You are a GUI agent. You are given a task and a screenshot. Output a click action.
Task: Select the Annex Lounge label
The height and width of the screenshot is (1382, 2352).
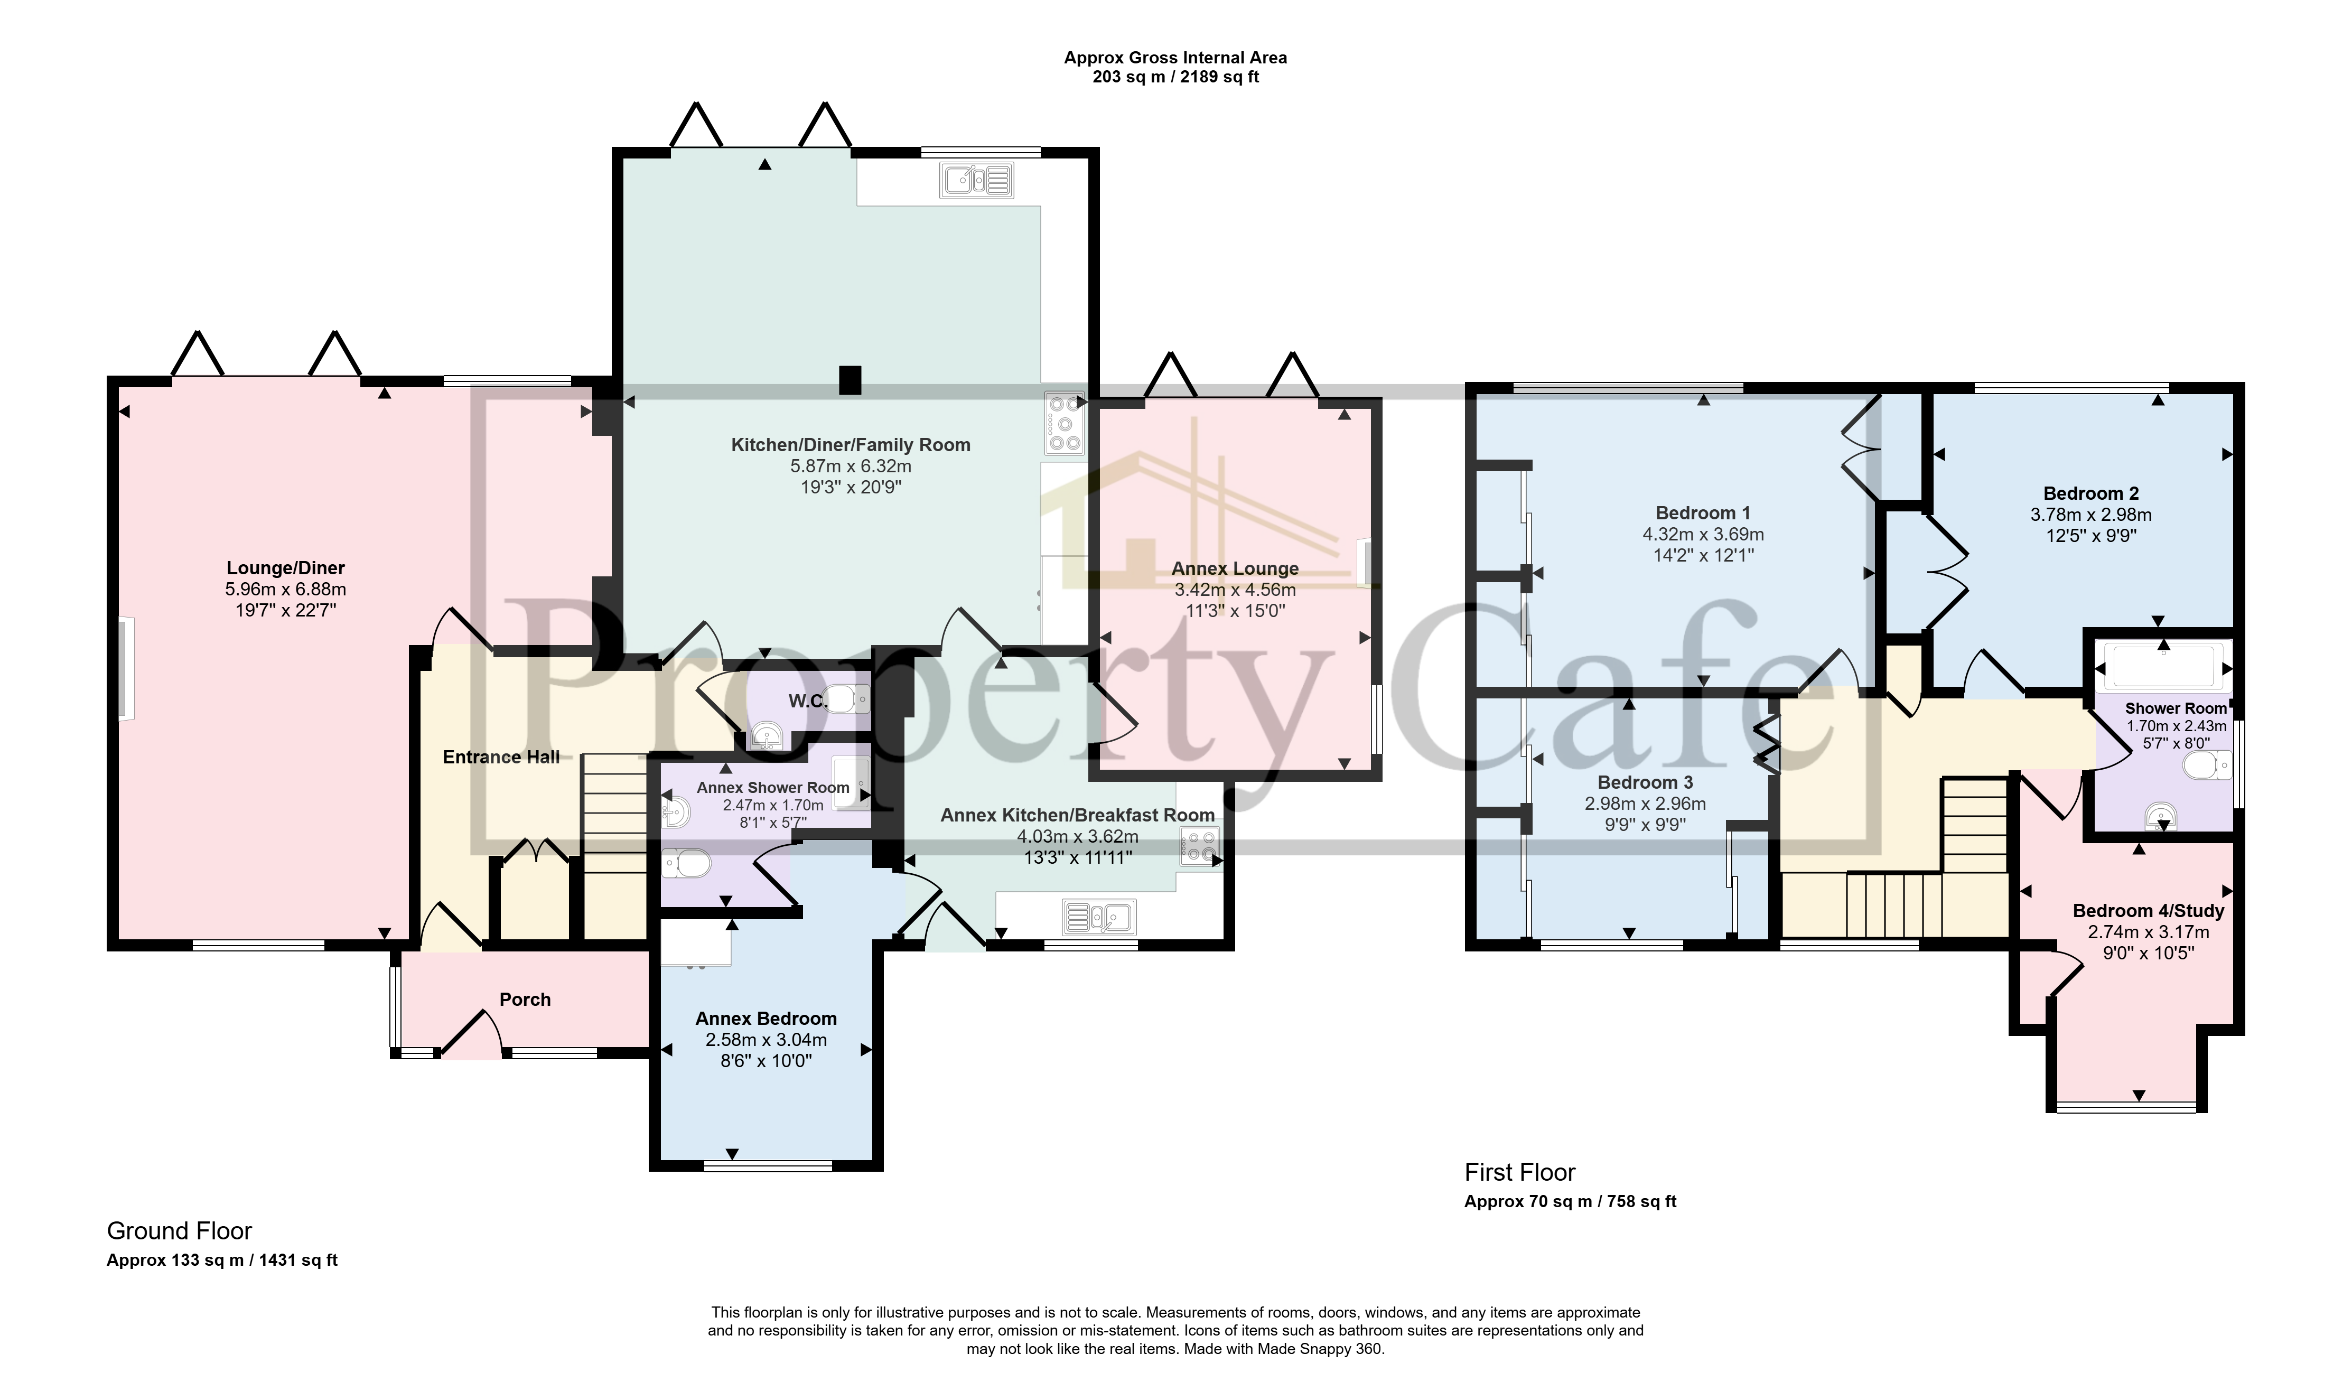coord(1235,568)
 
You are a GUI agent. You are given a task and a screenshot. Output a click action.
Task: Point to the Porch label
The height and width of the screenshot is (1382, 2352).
coord(525,1000)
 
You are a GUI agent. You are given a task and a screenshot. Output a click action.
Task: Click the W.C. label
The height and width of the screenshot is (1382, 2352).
coord(807,701)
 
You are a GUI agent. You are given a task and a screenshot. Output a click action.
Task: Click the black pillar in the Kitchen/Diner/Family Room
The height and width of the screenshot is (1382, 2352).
coord(850,380)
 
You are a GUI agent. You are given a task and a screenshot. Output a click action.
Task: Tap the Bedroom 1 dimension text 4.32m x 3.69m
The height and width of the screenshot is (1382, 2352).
coord(1702,535)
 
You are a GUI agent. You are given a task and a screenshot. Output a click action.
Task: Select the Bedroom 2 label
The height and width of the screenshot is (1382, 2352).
coord(2090,493)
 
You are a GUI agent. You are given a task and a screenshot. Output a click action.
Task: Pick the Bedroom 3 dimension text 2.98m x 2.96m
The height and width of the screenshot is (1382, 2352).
coord(1645,804)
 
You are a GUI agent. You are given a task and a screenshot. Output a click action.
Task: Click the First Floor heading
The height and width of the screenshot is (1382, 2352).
coord(1519,1172)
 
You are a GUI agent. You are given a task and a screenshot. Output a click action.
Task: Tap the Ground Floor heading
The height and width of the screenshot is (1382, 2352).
coord(179,1231)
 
